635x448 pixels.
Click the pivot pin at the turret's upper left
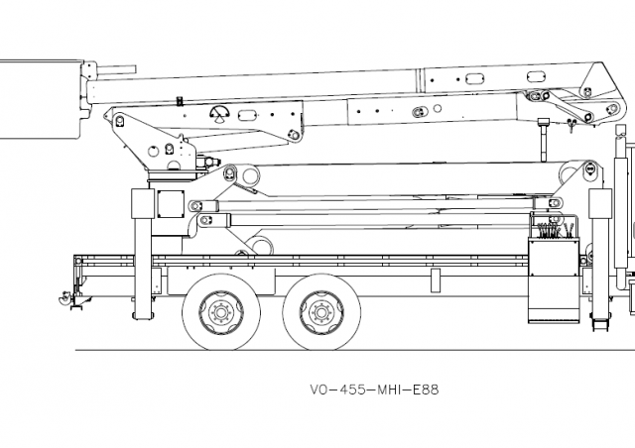(120, 121)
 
